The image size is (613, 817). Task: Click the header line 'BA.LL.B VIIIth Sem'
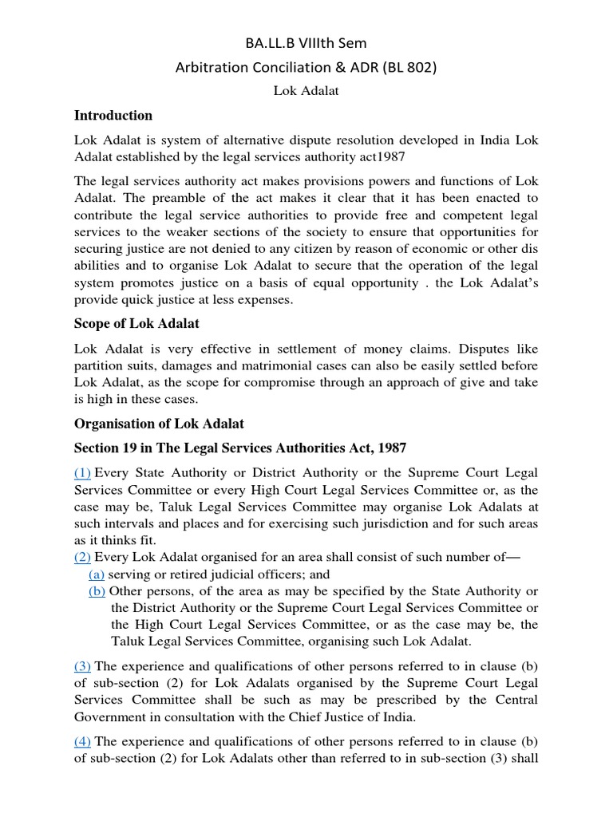point(306,43)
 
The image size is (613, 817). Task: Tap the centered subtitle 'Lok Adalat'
point(306,91)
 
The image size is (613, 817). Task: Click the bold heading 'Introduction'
point(113,116)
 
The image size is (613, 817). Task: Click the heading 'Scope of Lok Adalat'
point(136,324)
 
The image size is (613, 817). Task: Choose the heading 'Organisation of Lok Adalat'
point(159,424)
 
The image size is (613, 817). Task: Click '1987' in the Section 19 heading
point(393,448)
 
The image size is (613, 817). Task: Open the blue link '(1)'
point(83,473)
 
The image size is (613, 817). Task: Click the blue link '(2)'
point(83,557)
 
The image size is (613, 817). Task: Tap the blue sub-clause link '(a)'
point(97,574)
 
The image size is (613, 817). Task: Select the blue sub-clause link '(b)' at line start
point(97,590)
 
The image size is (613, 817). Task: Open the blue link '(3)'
point(83,666)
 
